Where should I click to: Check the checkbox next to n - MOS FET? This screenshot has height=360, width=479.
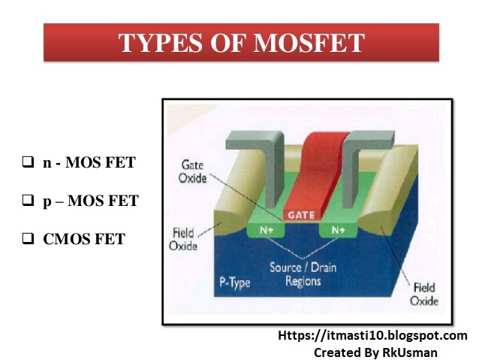[28, 162]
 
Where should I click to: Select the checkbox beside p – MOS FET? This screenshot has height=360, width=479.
[28, 201]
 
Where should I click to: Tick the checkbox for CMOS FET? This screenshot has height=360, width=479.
[28, 240]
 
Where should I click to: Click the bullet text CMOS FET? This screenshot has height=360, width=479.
[84, 240]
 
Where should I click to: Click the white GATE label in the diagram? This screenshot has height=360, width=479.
[303, 216]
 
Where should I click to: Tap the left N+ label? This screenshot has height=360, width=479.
[267, 231]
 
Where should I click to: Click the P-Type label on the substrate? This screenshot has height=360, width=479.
[234, 283]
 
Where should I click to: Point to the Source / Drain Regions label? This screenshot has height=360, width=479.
[302, 275]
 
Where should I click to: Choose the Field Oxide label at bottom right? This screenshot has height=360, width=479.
[424, 293]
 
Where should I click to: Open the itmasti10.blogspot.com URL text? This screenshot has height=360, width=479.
[372, 336]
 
